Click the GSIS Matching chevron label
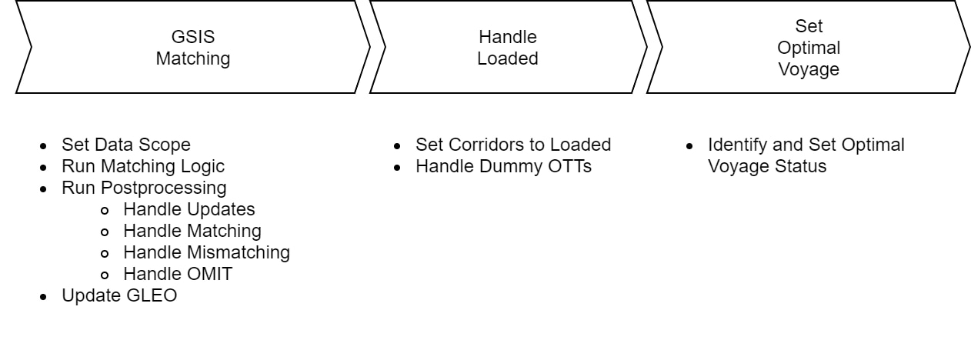click(193, 48)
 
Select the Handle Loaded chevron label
click(508, 48)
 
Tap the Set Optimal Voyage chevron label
click(808, 48)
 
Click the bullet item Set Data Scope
click(126, 145)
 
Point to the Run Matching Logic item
click(143, 165)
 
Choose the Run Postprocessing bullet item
click(144, 187)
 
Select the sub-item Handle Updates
click(189, 208)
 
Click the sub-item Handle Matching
click(192, 230)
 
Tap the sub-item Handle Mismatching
click(206, 252)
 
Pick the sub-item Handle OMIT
click(177, 273)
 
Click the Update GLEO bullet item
click(119, 295)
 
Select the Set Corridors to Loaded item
click(513, 145)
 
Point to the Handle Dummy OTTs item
click(503, 165)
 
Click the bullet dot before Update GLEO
click(45, 295)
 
